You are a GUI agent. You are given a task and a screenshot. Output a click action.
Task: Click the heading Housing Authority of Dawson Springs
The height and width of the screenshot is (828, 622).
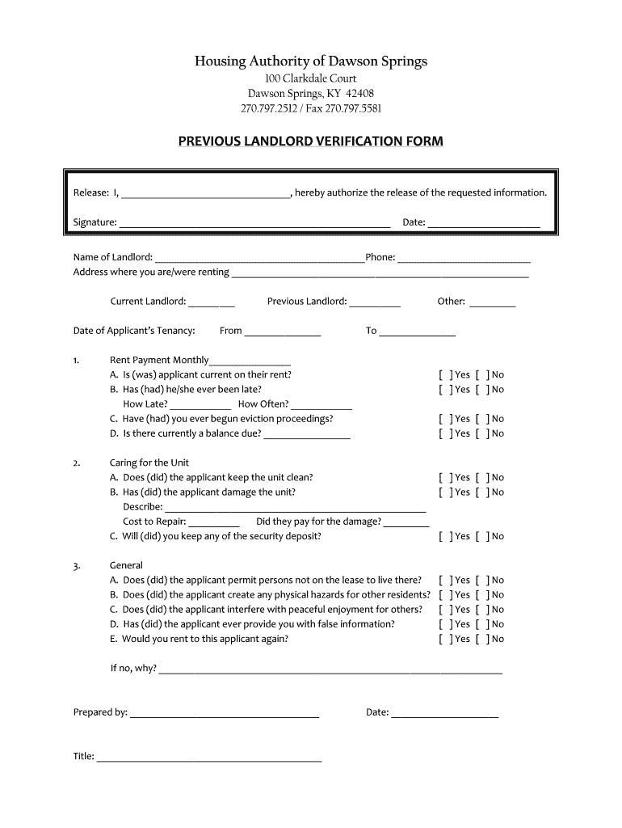(x=311, y=61)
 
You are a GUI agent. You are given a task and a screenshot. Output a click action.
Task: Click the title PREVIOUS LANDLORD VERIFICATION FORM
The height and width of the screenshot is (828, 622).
(x=311, y=142)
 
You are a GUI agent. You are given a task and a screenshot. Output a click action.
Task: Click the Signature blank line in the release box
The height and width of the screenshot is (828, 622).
(x=254, y=223)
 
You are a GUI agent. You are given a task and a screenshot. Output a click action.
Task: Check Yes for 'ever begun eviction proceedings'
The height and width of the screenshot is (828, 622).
(x=444, y=419)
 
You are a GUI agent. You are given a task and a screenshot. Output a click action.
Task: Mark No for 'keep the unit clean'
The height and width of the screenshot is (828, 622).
(x=481, y=478)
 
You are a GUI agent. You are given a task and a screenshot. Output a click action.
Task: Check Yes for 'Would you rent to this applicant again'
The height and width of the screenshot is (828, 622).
(x=444, y=639)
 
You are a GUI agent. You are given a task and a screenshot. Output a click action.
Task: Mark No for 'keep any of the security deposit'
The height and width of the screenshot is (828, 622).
(x=481, y=536)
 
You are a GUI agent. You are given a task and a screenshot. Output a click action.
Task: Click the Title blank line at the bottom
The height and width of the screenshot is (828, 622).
(x=208, y=758)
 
